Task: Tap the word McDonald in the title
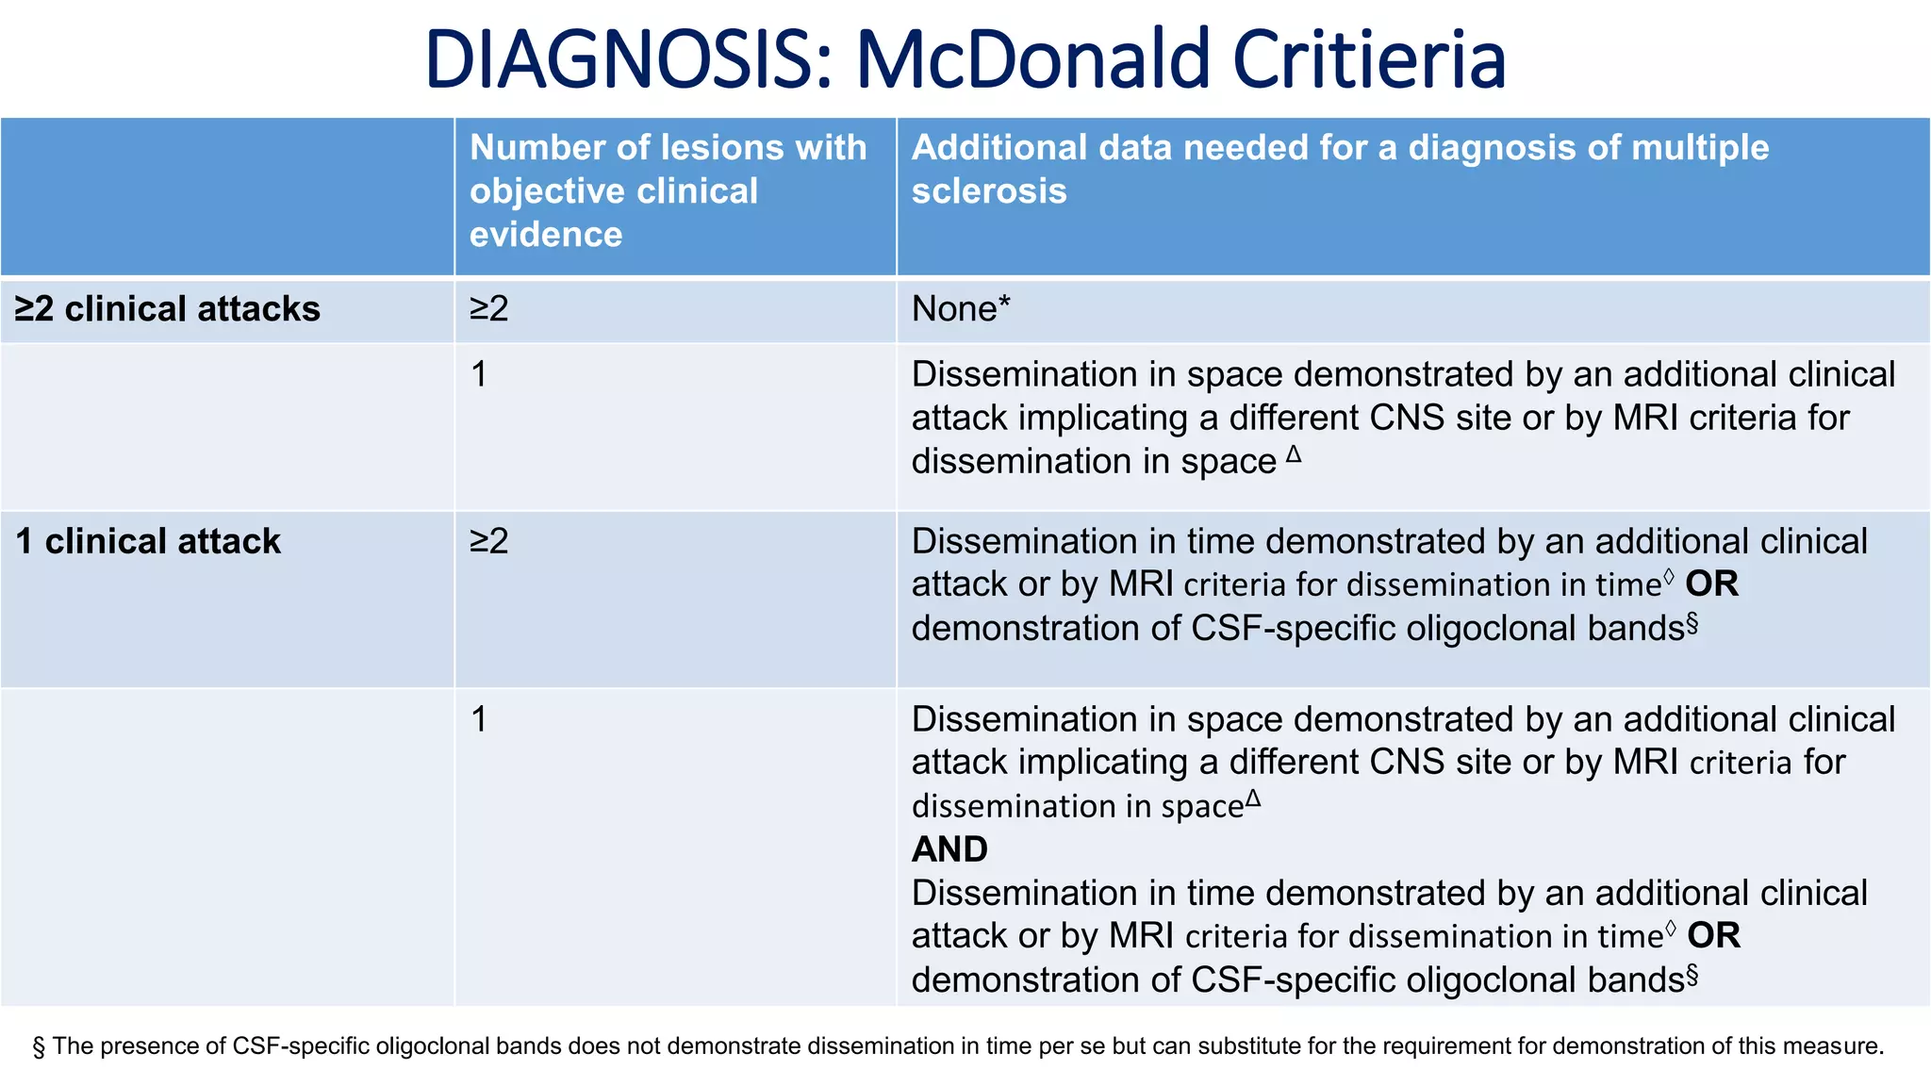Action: click(1032, 60)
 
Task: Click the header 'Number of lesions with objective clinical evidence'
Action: click(668, 190)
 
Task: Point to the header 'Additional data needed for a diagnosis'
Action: click(1340, 148)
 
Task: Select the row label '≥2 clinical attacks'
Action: click(168, 309)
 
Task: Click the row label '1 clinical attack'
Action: click(148, 541)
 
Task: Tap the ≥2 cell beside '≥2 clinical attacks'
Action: click(489, 309)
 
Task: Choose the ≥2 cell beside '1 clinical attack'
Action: click(489, 541)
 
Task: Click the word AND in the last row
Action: click(949, 849)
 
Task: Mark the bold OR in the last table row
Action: click(1713, 936)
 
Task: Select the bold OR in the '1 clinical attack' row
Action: click(1711, 584)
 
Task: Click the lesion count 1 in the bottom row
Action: click(479, 719)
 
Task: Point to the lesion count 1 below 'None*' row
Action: click(479, 374)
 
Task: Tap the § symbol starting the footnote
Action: click(39, 1046)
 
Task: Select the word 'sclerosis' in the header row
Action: click(988, 191)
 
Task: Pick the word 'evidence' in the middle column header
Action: click(546, 235)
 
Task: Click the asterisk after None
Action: click(1004, 304)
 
